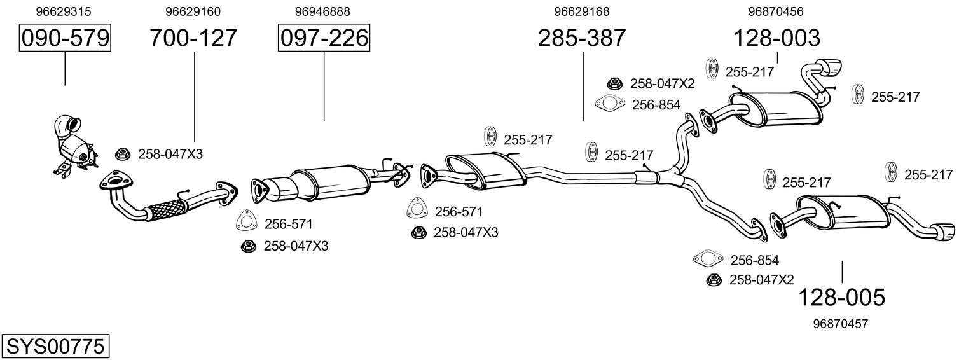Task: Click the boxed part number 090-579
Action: point(65,39)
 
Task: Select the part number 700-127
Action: point(193,39)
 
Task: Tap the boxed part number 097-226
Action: point(324,39)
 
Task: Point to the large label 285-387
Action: point(582,39)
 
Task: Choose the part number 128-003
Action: point(777,39)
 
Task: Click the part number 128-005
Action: point(841,297)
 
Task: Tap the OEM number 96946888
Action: point(322,11)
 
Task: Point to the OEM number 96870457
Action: point(840,324)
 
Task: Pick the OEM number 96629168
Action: point(582,11)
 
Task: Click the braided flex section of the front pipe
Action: point(165,208)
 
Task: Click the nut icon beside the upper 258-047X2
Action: point(614,83)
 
